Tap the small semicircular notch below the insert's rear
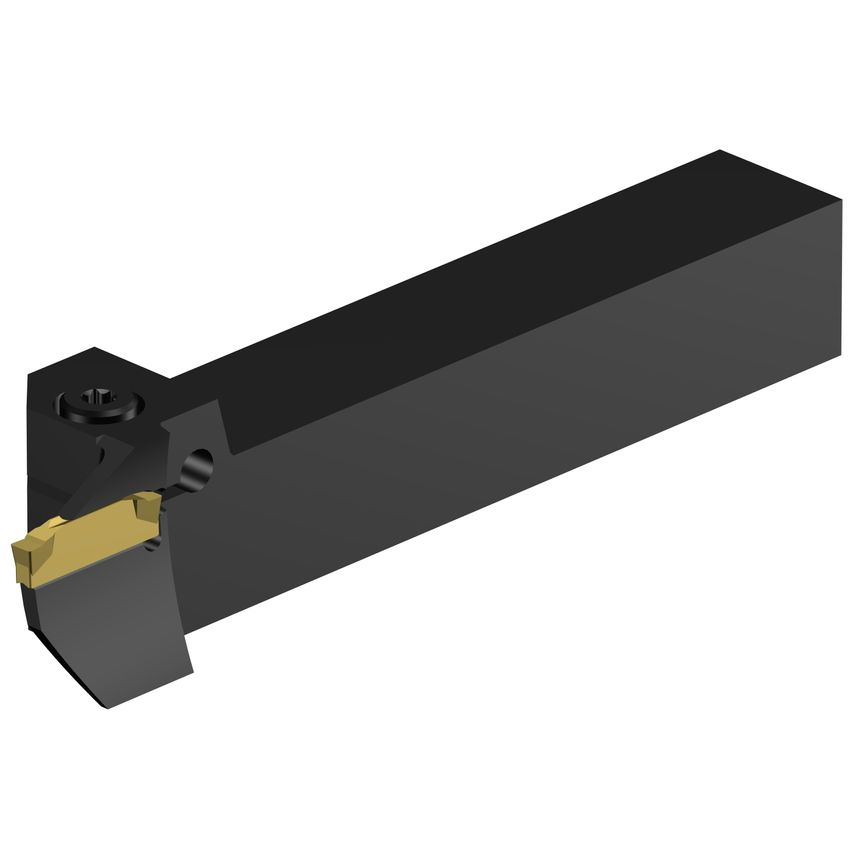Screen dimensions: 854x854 pos(152,543)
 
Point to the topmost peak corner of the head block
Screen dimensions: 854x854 pos(96,348)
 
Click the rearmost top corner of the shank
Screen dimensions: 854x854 pos(721,151)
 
